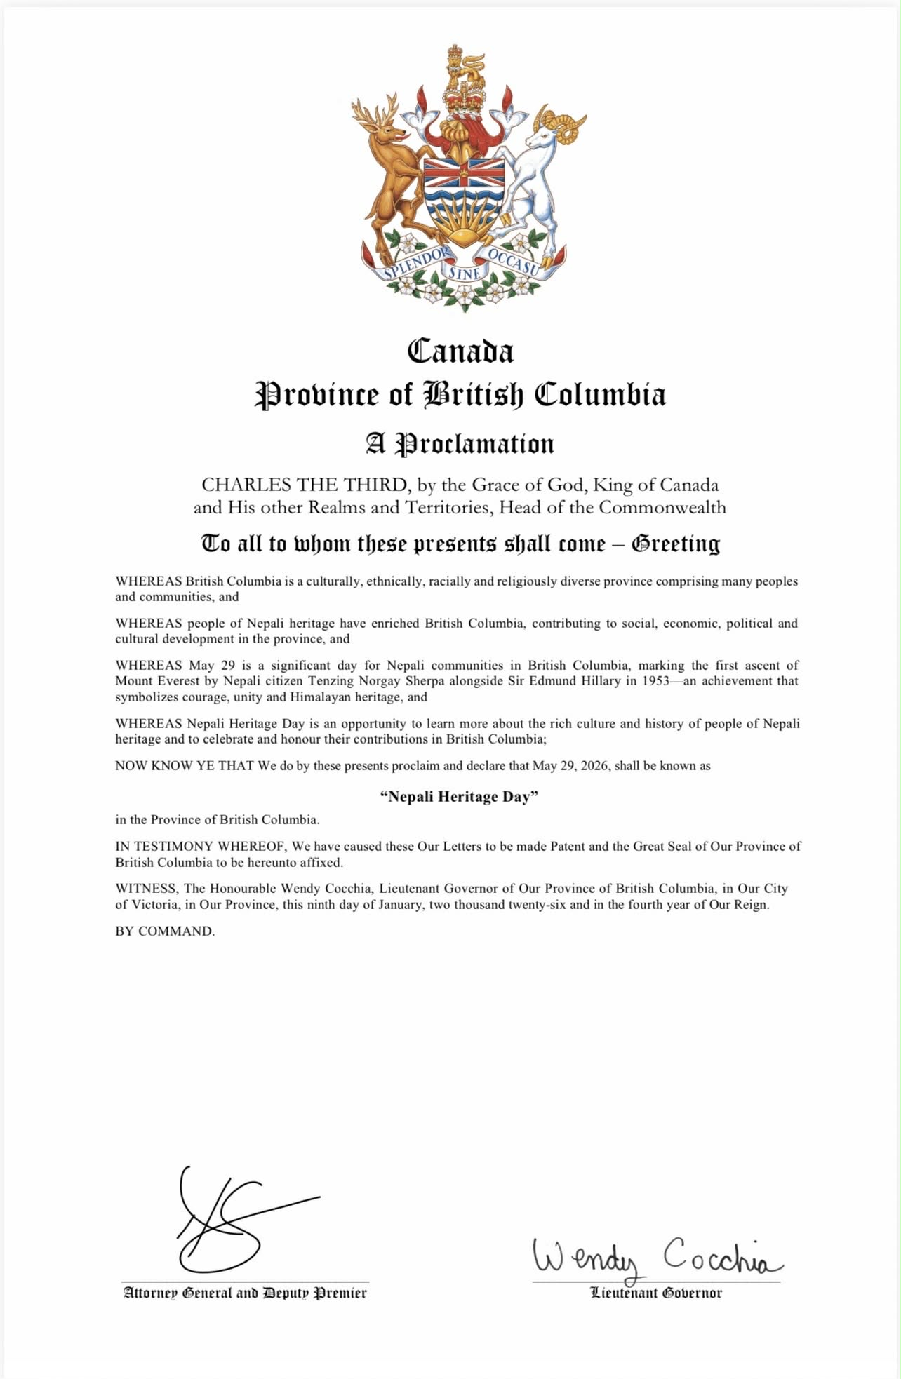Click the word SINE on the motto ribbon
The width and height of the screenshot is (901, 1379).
pyautogui.click(x=464, y=273)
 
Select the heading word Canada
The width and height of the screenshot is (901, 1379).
pyautogui.click(x=460, y=351)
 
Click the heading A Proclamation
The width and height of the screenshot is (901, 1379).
pyautogui.click(x=460, y=444)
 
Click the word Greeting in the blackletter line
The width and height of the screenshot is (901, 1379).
pyautogui.click(x=676, y=544)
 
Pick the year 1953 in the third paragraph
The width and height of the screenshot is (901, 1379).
pyautogui.click(x=655, y=680)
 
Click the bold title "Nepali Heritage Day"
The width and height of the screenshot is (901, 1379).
pyautogui.click(x=459, y=796)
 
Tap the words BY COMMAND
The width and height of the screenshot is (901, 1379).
pyautogui.click(x=165, y=931)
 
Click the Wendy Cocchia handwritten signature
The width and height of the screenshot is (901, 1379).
pyautogui.click(x=656, y=1257)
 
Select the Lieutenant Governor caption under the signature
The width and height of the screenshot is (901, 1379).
pyautogui.click(x=656, y=1293)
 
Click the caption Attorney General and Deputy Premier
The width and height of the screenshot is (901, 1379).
pyautogui.click(x=245, y=1293)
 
